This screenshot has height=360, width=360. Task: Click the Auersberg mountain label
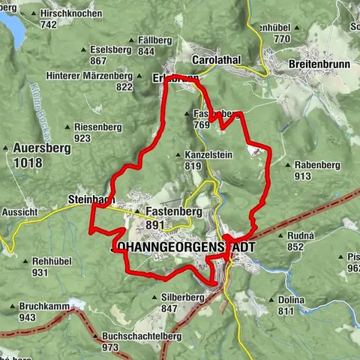point(38,148)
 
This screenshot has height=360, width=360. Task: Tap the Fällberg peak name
point(157,40)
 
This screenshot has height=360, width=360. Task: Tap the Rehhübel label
point(51,262)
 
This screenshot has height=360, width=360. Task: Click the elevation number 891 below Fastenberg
point(156,224)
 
